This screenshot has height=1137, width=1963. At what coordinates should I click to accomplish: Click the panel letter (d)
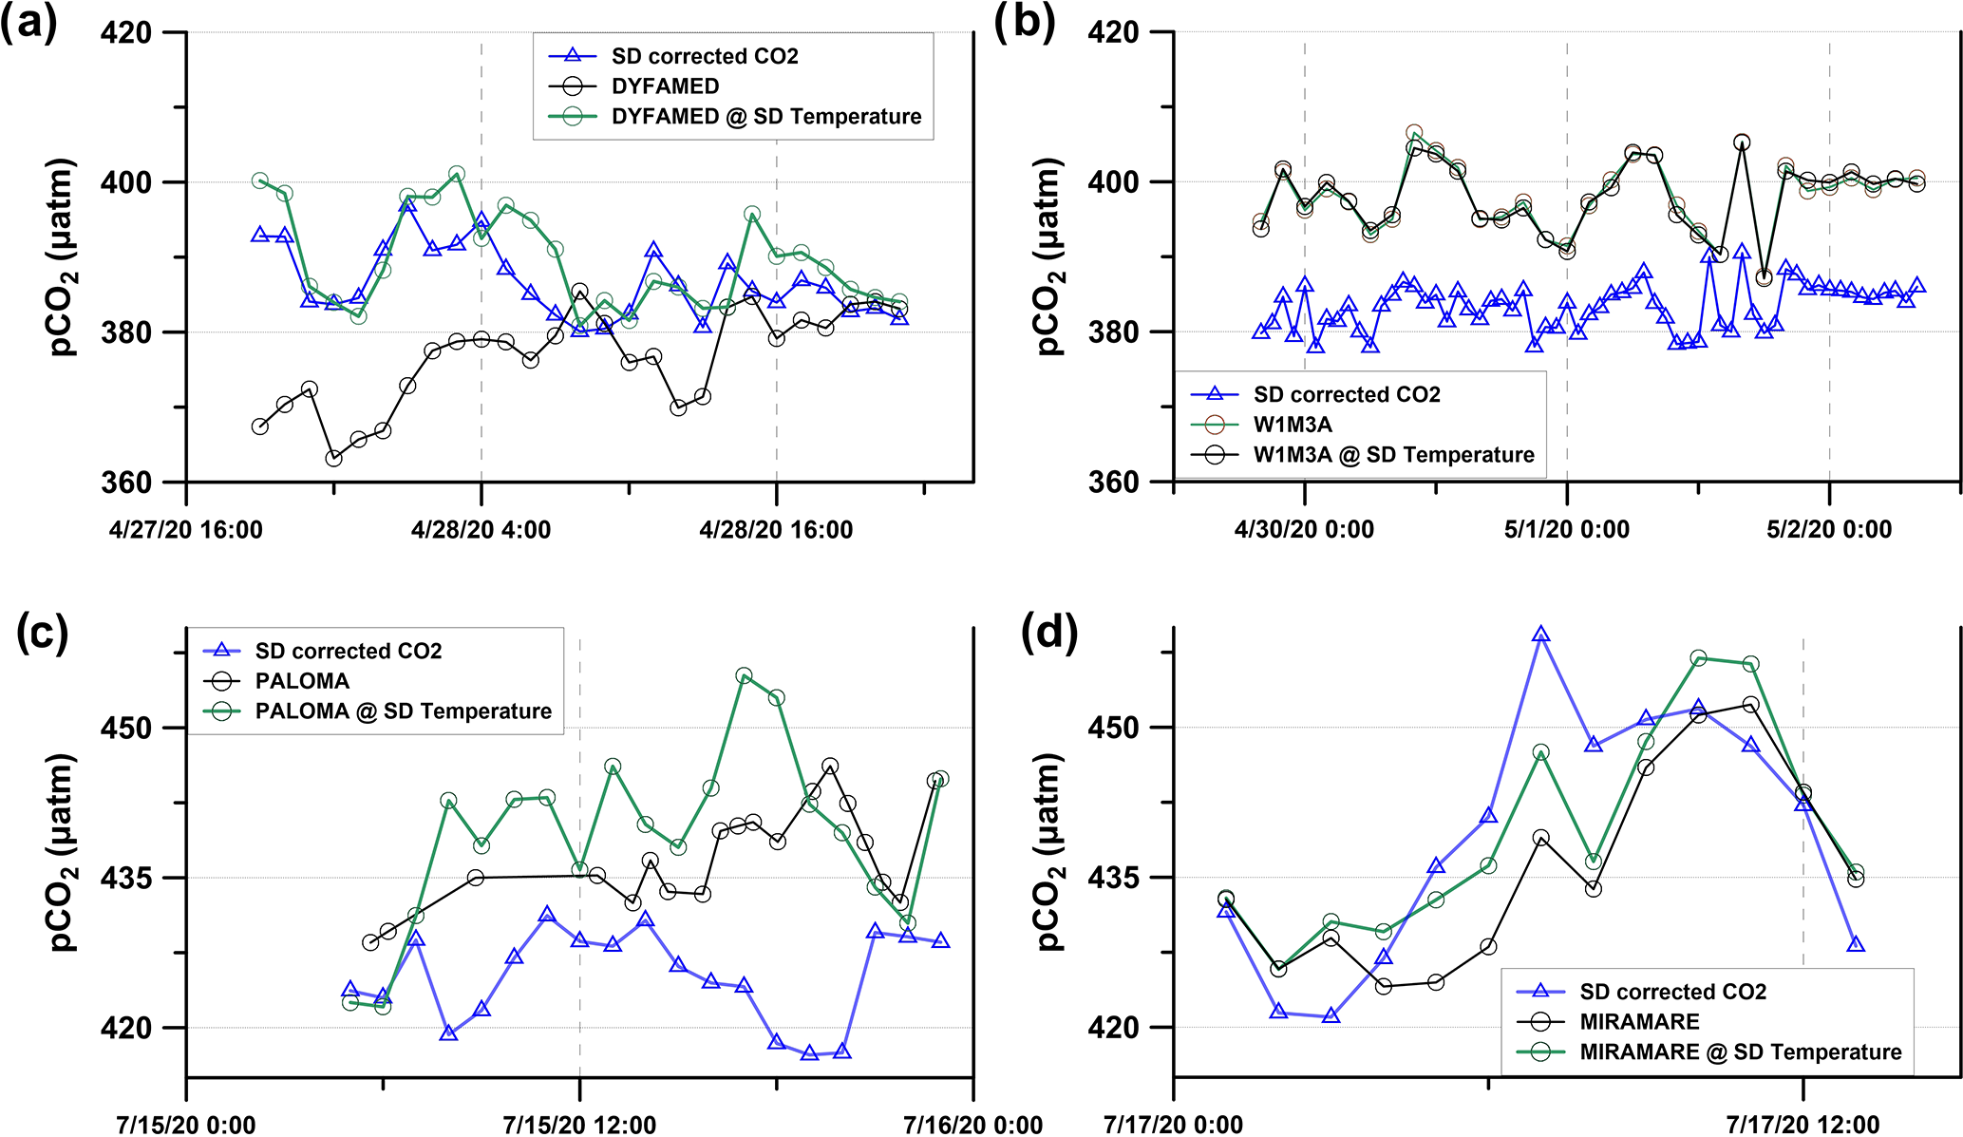point(1048,632)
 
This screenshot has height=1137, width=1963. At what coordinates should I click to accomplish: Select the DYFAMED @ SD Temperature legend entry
point(765,117)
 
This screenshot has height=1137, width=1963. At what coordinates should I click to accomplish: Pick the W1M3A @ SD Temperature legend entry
point(1393,455)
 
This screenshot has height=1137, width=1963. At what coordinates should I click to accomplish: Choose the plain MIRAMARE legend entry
point(1639,1022)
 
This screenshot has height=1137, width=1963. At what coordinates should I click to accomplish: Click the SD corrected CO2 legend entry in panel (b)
point(1346,394)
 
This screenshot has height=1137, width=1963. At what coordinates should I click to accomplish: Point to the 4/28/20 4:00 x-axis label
point(481,530)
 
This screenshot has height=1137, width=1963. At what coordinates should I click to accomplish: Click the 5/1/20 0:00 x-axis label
point(1566,530)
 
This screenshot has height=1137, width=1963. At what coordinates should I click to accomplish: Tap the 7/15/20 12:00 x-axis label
point(579,1126)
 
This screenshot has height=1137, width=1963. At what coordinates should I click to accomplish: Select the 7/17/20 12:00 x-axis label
point(1803,1126)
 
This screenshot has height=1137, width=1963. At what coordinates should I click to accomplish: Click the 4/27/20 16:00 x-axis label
point(186,530)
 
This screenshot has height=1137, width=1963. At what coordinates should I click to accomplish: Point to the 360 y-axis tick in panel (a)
point(126,482)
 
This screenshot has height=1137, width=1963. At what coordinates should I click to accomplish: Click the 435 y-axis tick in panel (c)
point(126,878)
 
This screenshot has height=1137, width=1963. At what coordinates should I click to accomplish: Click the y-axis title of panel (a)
point(63,257)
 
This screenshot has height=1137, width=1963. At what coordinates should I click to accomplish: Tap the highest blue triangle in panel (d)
point(1541,635)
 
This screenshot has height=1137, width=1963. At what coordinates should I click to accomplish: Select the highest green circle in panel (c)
point(744,676)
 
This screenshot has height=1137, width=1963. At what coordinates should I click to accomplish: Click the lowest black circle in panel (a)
point(333,459)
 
